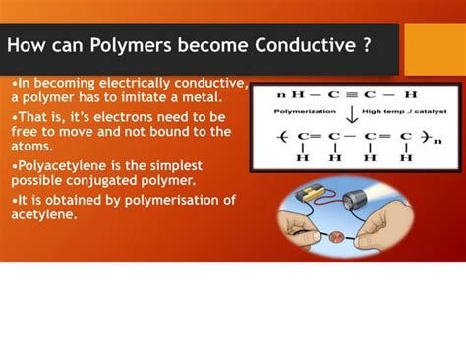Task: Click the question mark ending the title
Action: pos(367,47)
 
